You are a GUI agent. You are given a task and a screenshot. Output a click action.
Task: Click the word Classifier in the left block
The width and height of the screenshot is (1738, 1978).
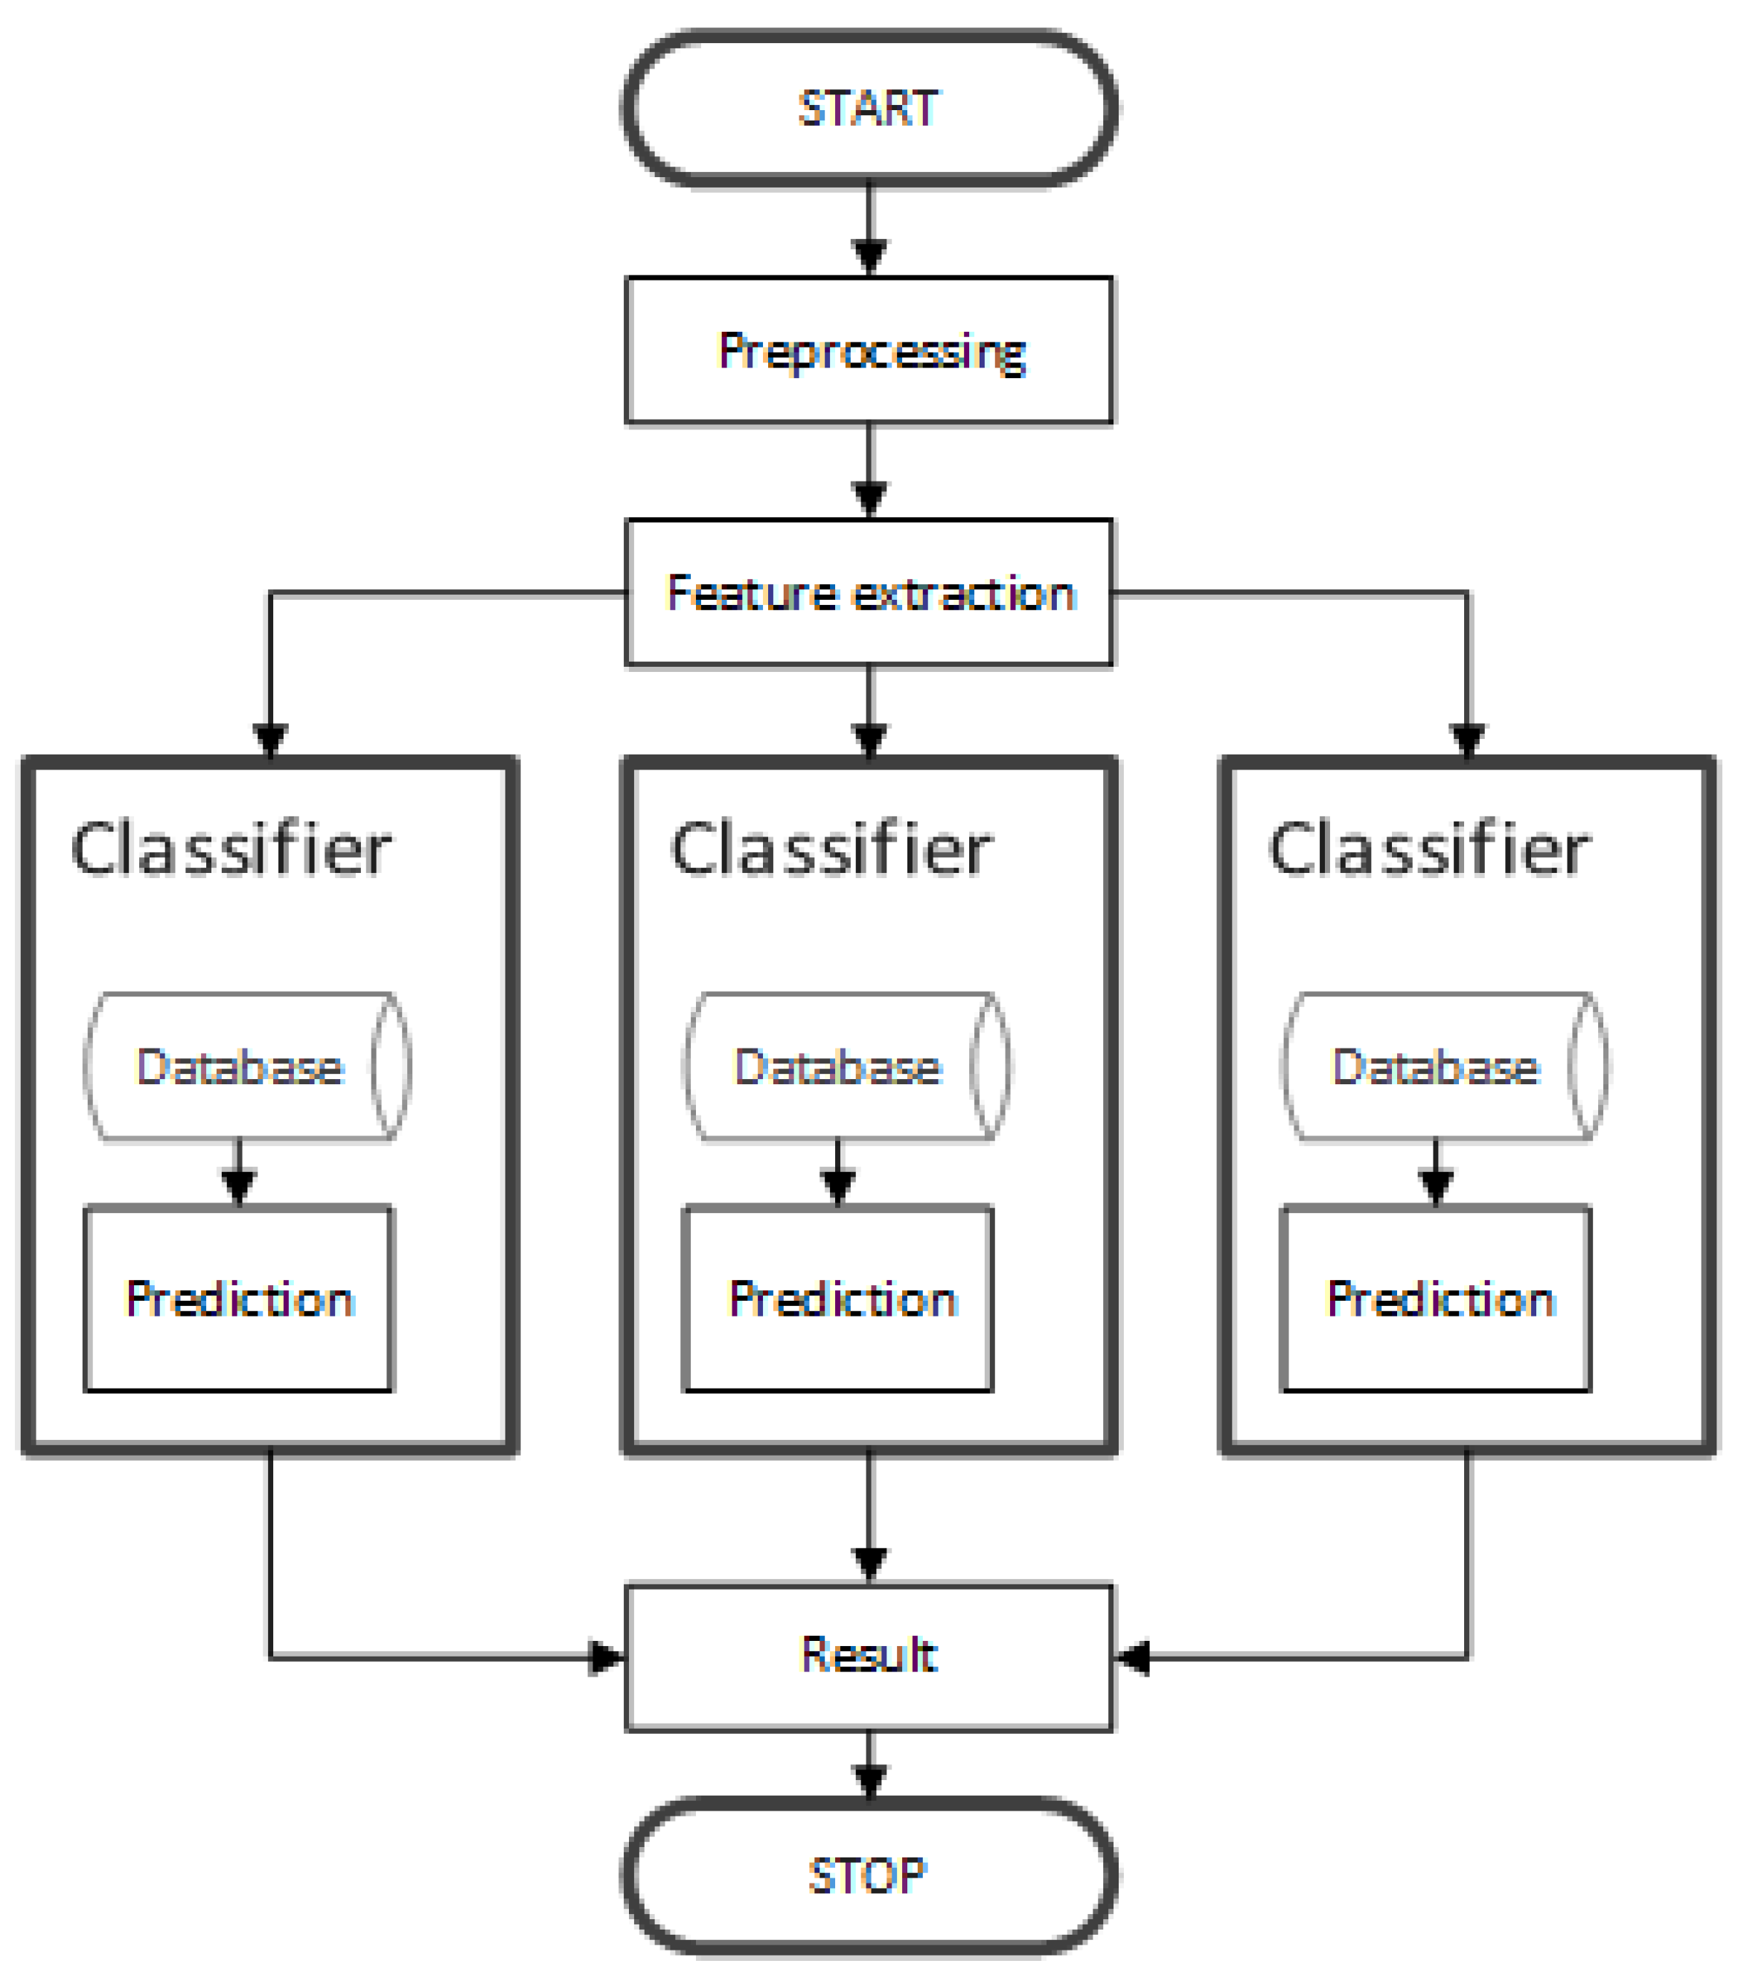(230, 850)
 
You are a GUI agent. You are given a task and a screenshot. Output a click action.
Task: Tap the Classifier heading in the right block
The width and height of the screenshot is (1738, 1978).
(1429, 850)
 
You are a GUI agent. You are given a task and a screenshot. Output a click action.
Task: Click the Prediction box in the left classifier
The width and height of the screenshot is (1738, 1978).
(238, 1299)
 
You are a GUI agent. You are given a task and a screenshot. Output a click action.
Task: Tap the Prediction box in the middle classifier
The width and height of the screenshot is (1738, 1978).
(838, 1299)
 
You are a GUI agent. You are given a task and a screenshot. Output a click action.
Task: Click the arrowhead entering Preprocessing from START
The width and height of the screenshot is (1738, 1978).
(869, 257)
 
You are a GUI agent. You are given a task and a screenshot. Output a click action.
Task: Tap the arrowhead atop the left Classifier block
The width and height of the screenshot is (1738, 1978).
(270, 739)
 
